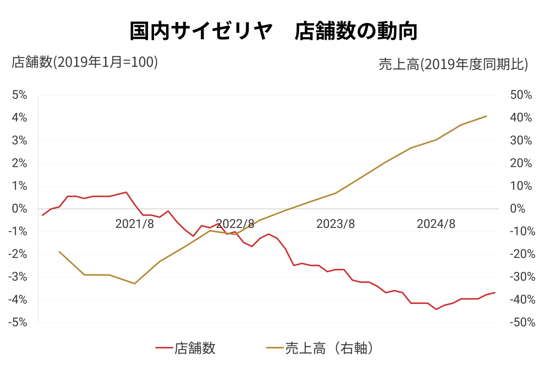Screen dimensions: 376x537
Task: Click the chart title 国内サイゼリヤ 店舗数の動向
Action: tap(273, 31)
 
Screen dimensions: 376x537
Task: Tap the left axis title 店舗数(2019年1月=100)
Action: tap(85, 62)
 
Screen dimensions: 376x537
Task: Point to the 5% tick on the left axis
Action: tap(20, 95)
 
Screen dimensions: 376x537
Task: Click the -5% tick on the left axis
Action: tap(18, 322)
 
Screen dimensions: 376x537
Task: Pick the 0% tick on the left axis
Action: tap(20, 209)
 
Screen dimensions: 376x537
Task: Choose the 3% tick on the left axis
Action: tap(20, 141)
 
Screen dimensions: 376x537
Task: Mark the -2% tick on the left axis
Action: tap(18, 254)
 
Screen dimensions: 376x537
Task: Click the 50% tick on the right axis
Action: tap(520, 95)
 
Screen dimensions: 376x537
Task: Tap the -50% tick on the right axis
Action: tap(519, 322)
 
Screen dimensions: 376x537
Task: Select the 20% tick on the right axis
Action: tap(520, 163)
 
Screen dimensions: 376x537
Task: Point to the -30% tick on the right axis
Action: tap(519, 277)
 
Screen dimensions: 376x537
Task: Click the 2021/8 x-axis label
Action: tap(134, 224)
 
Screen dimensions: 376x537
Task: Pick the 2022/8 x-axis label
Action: tap(235, 224)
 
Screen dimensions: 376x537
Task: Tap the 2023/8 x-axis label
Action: tap(336, 224)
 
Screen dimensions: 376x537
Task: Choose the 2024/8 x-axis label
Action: tap(436, 224)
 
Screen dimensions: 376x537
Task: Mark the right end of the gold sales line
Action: tap(486, 116)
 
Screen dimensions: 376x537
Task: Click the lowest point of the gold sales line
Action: tap(135, 283)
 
